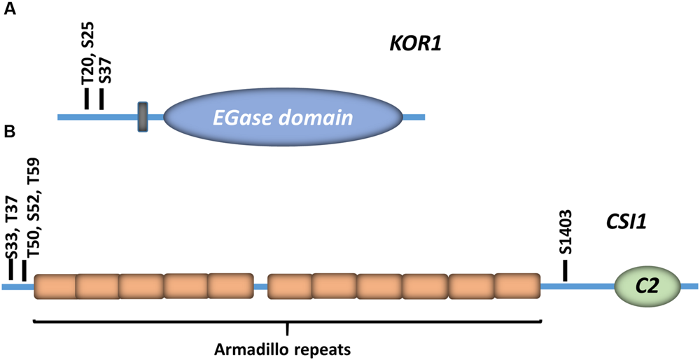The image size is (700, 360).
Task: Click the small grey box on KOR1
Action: pos(143,116)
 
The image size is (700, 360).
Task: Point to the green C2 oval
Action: pos(647,286)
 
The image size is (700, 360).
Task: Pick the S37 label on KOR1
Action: pos(104,69)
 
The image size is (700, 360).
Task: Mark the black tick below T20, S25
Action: pos(87,99)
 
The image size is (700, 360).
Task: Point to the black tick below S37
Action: pos(101,99)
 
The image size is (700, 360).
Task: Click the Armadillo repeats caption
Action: pos(286,347)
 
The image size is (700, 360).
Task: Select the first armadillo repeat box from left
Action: pos(55,286)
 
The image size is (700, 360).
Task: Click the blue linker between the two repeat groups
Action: pos(260,286)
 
